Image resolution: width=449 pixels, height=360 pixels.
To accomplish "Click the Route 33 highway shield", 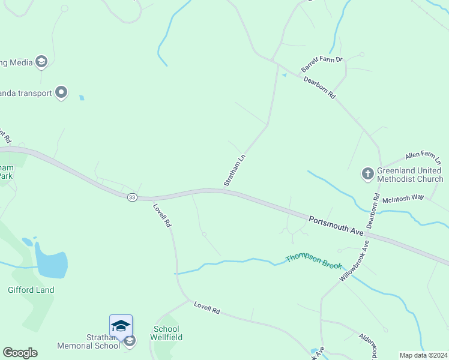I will point(133,197).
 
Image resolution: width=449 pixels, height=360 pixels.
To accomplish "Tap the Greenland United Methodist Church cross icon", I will point(367,174).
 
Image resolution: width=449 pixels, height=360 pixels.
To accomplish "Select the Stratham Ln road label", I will point(235,170).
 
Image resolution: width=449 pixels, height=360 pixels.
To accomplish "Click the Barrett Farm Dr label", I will point(322,64).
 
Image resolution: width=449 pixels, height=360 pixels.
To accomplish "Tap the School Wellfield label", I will point(167,333).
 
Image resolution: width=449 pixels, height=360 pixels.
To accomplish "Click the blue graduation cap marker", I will point(121,325).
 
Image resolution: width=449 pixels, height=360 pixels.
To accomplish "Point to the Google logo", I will point(20,353).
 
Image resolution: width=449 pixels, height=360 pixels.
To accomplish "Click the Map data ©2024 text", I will point(423,355).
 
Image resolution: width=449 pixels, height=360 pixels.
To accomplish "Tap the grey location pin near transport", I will point(61,92).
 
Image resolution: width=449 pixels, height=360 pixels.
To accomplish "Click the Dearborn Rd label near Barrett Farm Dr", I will point(319,88).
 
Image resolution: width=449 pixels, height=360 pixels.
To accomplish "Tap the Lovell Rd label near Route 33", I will point(162,215).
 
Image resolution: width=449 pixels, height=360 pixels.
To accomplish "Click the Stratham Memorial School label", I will point(81,341).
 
